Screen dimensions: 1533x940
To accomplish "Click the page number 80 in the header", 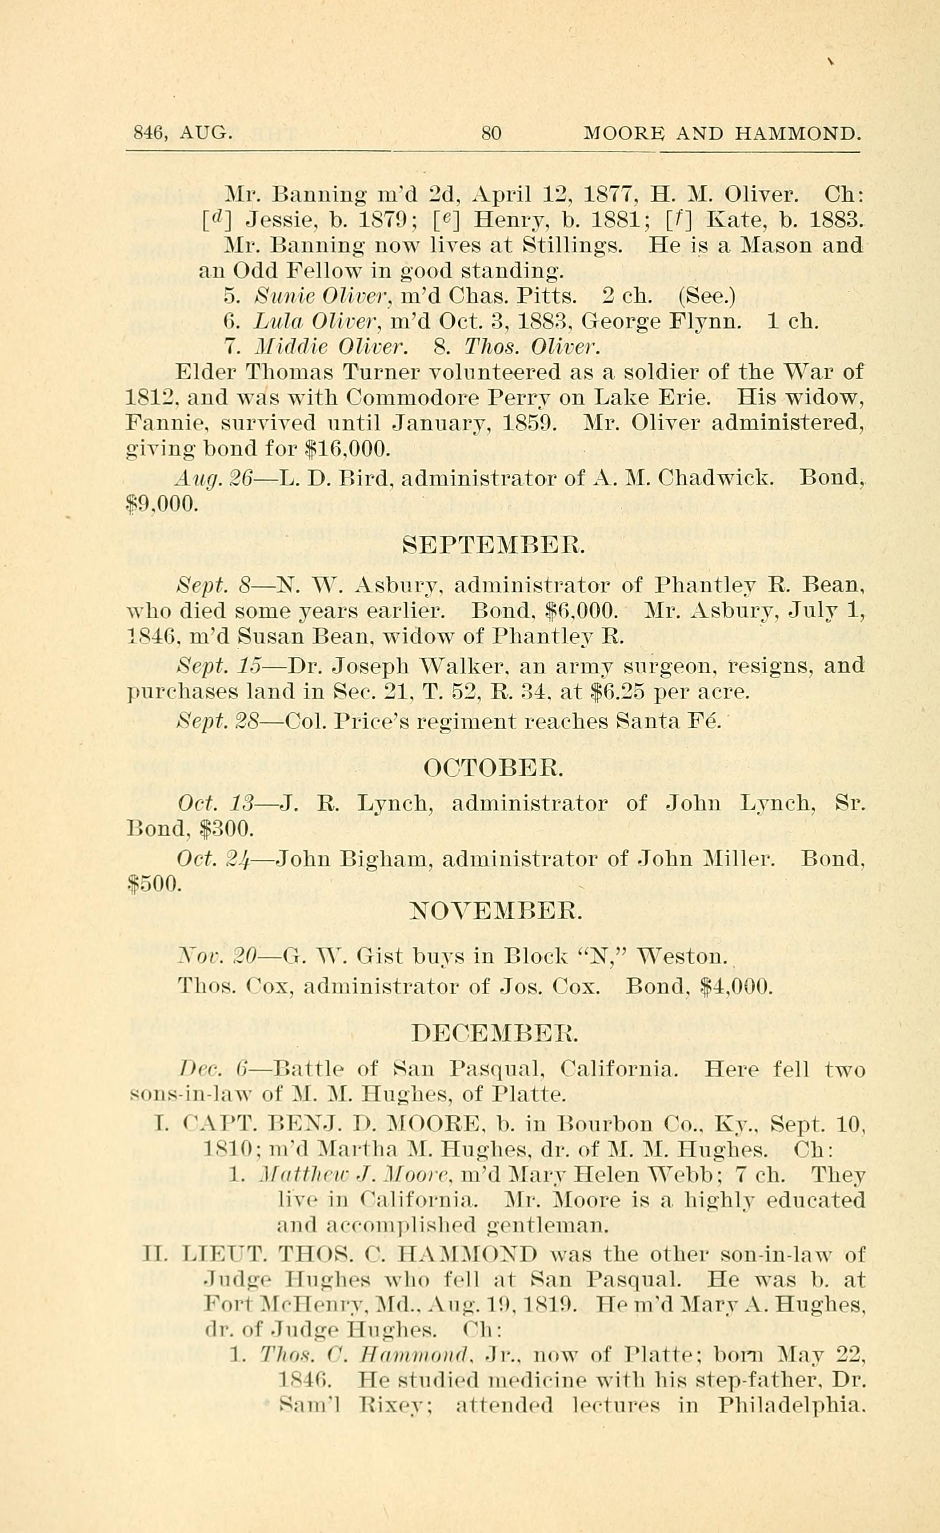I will (x=491, y=133).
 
